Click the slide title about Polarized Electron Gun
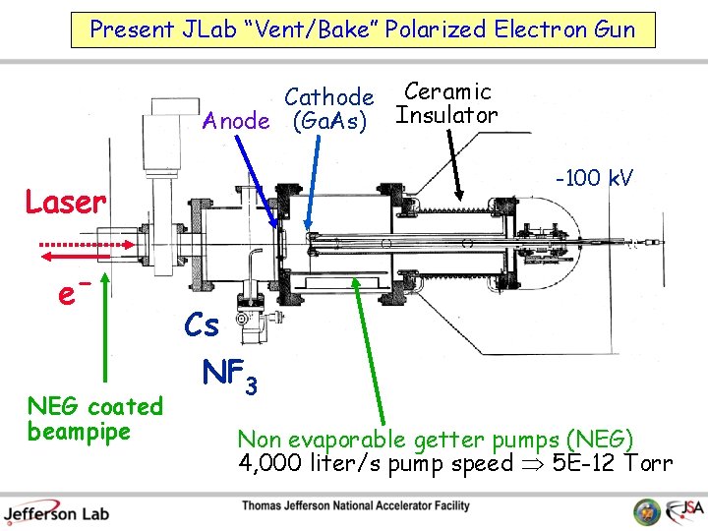point(362,29)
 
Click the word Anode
point(235,121)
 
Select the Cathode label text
point(328,97)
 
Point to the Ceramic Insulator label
point(447,103)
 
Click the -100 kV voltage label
point(594,178)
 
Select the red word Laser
point(65,203)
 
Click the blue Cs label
point(202,324)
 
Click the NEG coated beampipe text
point(94,418)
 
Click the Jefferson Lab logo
point(56,511)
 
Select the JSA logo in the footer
point(678,510)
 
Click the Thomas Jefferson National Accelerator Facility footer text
point(356,506)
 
